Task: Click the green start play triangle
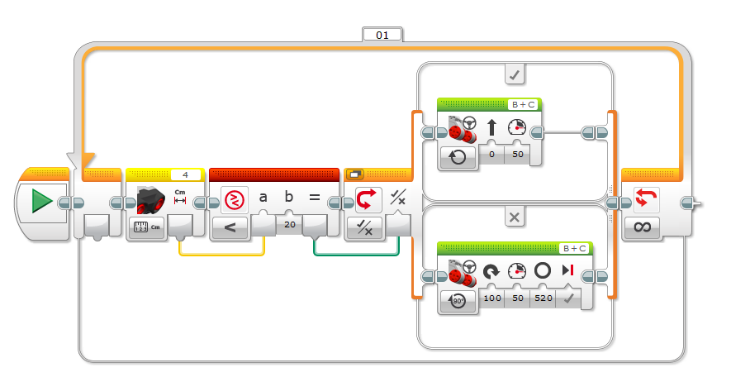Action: pyautogui.click(x=41, y=202)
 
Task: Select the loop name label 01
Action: pyautogui.click(x=382, y=36)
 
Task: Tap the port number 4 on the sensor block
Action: pyautogui.click(x=185, y=175)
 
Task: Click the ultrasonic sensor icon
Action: pyautogui.click(x=150, y=200)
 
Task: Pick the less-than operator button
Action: pyautogui.click(x=230, y=227)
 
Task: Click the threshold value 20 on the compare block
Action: pyautogui.click(x=290, y=224)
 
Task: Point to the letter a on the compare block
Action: pyautogui.click(x=263, y=198)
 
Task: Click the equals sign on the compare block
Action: pyautogui.click(x=315, y=198)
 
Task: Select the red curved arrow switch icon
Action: pyautogui.click(x=368, y=199)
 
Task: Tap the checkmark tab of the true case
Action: pyautogui.click(x=515, y=74)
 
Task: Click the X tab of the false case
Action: pyautogui.click(x=515, y=217)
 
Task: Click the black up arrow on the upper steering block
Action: pyautogui.click(x=491, y=127)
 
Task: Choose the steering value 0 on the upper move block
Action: pyautogui.click(x=491, y=154)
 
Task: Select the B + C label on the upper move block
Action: pyautogui.click(x=524, y=105)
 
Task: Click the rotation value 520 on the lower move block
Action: pyautogui.click(x=544, y=298)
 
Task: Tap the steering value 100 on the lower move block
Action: pyautogui.click(x=492, y=298)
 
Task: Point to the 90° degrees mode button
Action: pyautogui.click(x=458, y=301)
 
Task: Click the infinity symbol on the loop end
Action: pyautogui.click(x=642, y=227)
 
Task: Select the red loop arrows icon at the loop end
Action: pyautogui.click(x=647, y=198)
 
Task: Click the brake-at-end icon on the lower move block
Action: pyautogui.click(x=567, y=270)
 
